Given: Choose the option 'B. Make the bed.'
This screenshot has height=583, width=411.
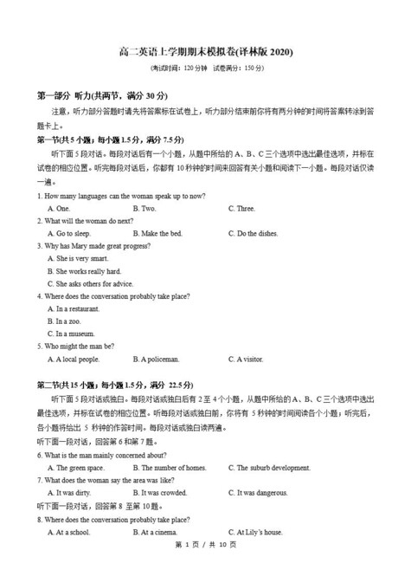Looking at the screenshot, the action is (x=157, y=234).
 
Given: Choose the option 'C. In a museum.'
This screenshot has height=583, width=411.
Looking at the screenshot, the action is (x=72, y=334).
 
